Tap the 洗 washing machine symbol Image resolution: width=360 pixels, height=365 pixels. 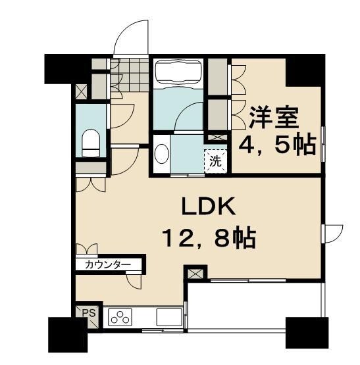tap(215, 159)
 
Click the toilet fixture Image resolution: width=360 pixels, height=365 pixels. tap(91, 143)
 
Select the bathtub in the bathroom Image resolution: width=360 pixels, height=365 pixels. tap(179, 72)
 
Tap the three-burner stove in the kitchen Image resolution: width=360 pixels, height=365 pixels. tap(120, 317)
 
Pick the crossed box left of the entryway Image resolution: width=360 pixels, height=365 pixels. tap(82, 91)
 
